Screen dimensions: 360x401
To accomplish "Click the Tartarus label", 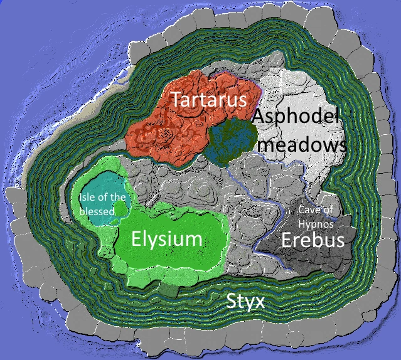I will point(208,99).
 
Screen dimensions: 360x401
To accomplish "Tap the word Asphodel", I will point(295,117).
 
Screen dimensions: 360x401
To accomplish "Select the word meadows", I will point(304,144).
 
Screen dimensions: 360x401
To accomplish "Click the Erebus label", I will point(313,240).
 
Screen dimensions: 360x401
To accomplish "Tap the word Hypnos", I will point(316,222).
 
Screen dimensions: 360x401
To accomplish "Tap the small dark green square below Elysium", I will point(167,289).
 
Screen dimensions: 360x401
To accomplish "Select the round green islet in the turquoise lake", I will point(119,208).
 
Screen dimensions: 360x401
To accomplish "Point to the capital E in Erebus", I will point(287,240).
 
